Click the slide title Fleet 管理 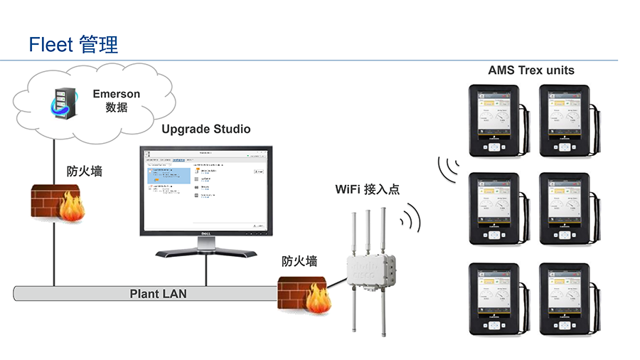73,45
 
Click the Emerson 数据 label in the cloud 117,100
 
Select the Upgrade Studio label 206,129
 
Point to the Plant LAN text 158,293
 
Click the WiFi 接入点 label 367,190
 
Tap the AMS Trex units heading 531,70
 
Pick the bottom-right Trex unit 567,299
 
